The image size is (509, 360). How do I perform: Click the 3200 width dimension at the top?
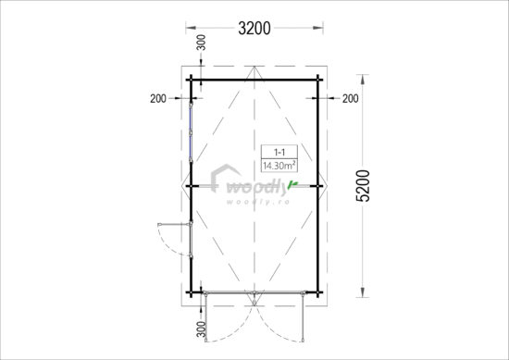[254, 29]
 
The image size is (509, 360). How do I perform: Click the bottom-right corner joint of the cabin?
[317, 293]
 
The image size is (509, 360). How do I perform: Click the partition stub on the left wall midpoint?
[194, 186]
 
